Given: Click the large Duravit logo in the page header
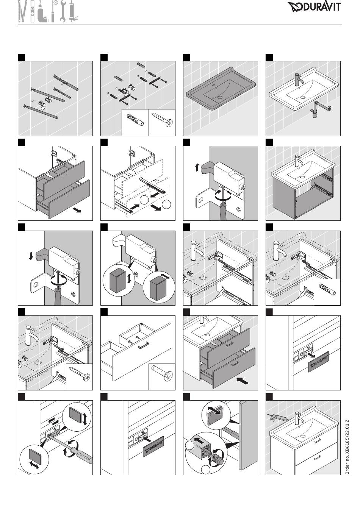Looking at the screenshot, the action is point(314,7).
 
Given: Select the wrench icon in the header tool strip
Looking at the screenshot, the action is point(63,11).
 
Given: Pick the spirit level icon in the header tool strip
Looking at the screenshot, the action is point(33,11).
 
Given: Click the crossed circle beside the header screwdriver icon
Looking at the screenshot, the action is point(56,3).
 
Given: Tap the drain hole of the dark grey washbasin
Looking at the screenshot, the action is point(220,97).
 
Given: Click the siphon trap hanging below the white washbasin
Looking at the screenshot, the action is point(320,109).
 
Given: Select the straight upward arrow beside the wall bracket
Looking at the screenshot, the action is point(197,167).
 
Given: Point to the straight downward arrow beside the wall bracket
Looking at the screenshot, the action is point(31,256).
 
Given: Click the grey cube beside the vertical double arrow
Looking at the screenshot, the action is point(117,280).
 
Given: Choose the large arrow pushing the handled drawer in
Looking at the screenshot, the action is point(243,381).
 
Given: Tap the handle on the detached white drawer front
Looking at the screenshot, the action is point(144,345).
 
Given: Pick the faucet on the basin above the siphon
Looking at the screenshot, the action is point(299,79).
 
